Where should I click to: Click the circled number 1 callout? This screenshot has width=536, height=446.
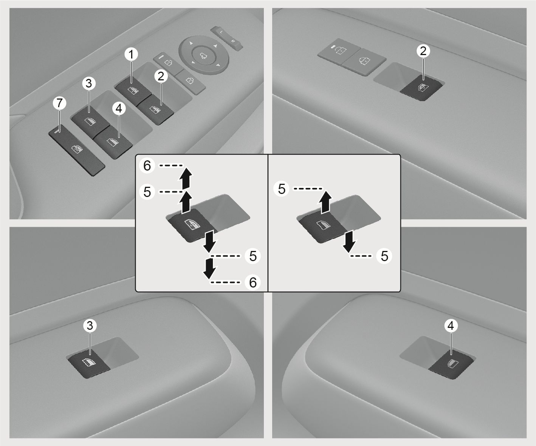pyautogui.click(x=132, y=54)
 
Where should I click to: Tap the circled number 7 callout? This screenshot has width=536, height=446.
pyautogui.click(x=60, y=103)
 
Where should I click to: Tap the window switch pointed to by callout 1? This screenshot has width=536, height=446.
pyautogui.click(x=133, y=90)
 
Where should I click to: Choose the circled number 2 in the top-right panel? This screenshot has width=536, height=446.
pyautogui.click(x=423, y=51)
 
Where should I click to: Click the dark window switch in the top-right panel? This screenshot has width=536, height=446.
pyautogui.click(x=421, y=88)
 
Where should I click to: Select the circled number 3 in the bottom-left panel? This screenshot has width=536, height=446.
pyautogui.click(x=90, y=326)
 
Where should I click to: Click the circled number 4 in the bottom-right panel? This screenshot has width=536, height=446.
pyautogui.click(x=451, y=326)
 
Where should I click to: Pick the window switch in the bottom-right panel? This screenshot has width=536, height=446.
pyautogui.click(x=451, y=364)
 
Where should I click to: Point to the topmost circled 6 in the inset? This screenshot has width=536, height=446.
pyautogui.click(x=147, y=165)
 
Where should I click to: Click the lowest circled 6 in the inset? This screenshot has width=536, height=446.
pyautogui.click(x=253, y=282)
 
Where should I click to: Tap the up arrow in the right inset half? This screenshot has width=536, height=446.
pyautogui.click(x=325, y=202)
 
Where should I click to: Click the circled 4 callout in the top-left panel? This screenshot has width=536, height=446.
pyautogui.click(x=119, y=109)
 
